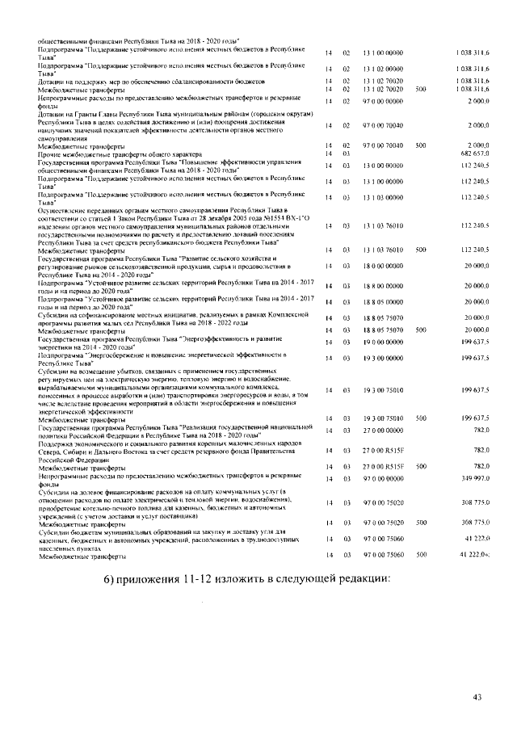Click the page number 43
pos(477,697)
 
